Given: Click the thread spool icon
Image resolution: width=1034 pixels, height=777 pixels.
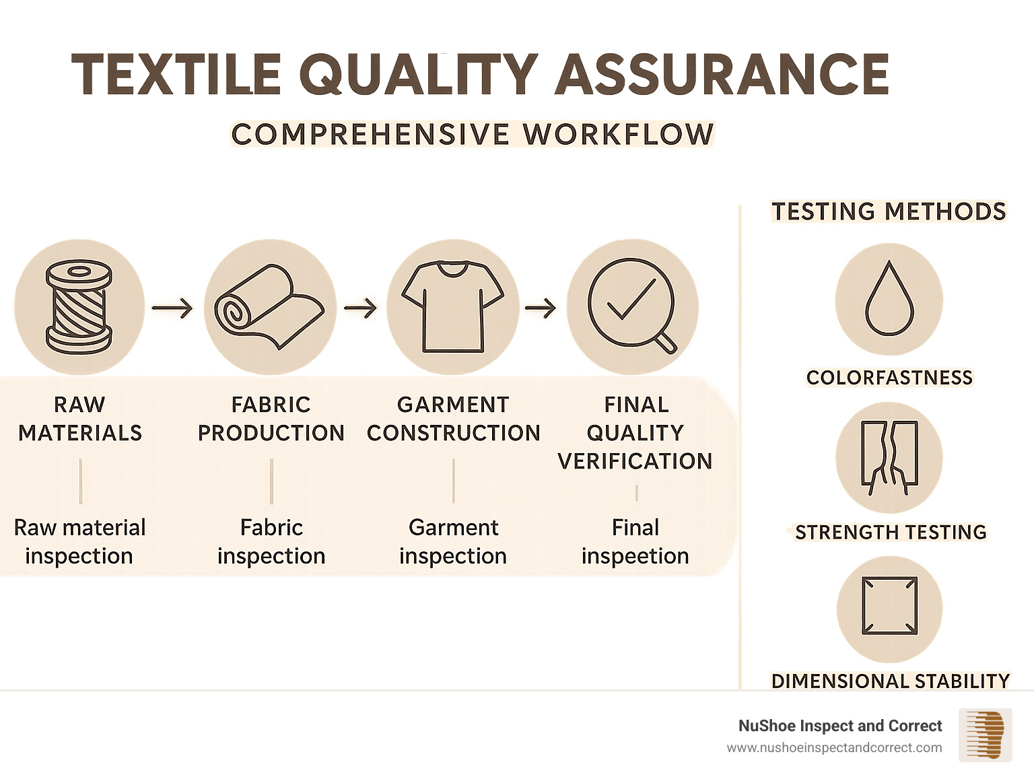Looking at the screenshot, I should pyautogui.click(x=79, y=307).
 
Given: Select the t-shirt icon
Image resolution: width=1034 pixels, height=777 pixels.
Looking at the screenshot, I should pyautogui.click(x=452, y=307).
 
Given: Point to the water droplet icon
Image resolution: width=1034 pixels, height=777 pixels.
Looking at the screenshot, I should pyautogui.click(x=889, y=299).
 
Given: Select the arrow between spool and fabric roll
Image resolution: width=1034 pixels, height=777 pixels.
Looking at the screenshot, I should pyautogui.click(x=172, y=308).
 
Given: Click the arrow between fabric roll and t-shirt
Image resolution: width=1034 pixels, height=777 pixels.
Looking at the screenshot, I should pyautogui.click(x=360, y=308).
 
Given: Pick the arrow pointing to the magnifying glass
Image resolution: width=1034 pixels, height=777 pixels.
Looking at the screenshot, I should pyautogui.click(x=541, y=308).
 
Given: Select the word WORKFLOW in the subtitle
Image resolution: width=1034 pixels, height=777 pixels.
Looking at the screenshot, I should pyautogui.click(x=618, y=135).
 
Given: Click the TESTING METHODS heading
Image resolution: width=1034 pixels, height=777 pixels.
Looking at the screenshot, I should pyautogui.click(x=889, y=211).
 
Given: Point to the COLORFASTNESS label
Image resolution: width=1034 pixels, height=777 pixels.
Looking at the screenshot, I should pyautogui.click(x=889, y=378).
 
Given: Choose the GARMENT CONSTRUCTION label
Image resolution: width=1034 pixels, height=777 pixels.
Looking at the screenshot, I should pyautogui.click(x=453, y=419).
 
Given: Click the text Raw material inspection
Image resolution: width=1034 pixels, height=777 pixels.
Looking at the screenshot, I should pyautogui.click(x=79, y=541).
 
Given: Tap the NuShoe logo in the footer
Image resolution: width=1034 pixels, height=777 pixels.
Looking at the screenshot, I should pyautogui.click(x=985, y=735).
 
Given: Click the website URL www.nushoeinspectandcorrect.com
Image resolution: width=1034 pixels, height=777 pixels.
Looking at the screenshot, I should pyautogui.click(x=834, y=748).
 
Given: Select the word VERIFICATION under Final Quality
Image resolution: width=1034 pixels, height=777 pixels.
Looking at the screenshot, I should pyautogui.click(x=635, y=461).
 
